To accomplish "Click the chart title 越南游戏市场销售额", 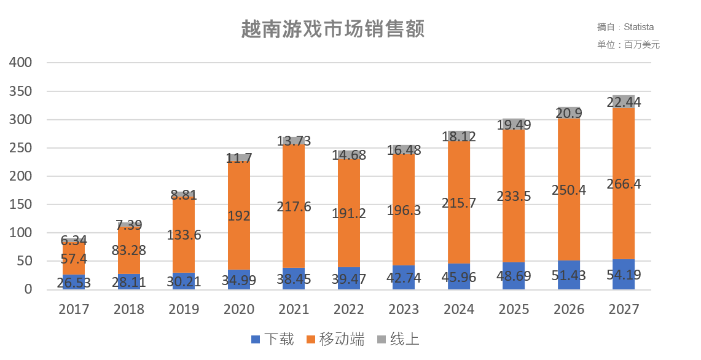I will click(x=332, y=29).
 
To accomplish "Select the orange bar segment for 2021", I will click(x=294, y=184).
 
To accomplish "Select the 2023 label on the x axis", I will click(x=404, y=309).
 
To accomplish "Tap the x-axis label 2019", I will click(x=184, y=309).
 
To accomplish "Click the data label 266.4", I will click(x=624, y=184).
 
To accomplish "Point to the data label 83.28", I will click(x=129, y=250).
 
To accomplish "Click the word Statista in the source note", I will click(x=639, y=27).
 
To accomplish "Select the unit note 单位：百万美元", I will click(x=628, y=45).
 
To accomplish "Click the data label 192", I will click(x=239, y=215).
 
